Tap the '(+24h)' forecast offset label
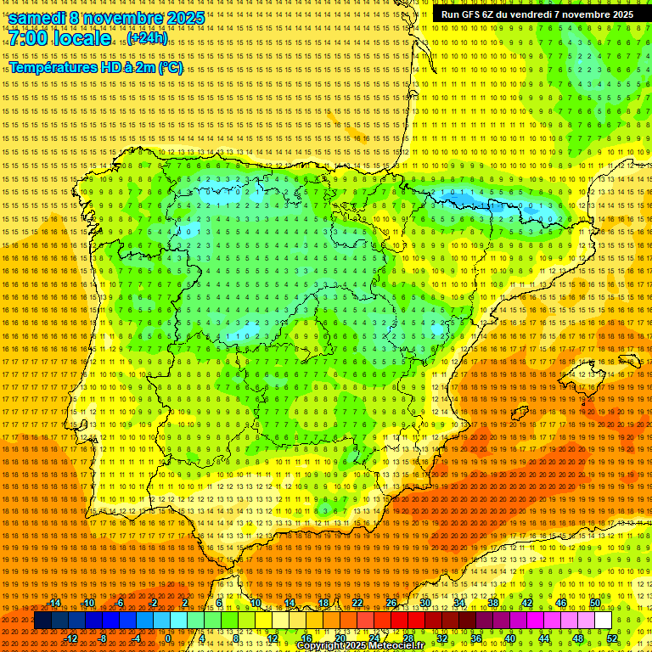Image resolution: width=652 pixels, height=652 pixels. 148,38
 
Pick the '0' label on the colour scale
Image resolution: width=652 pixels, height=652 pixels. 169,638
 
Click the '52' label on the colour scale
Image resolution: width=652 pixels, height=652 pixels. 612,638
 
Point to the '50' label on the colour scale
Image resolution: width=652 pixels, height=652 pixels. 595,603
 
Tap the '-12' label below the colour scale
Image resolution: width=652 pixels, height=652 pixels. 71,638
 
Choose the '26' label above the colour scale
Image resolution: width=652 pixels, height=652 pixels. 391,603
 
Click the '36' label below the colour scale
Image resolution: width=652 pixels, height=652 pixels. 476,638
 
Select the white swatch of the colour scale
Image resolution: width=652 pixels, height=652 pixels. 603,621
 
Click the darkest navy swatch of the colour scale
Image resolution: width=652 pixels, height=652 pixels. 42,621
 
